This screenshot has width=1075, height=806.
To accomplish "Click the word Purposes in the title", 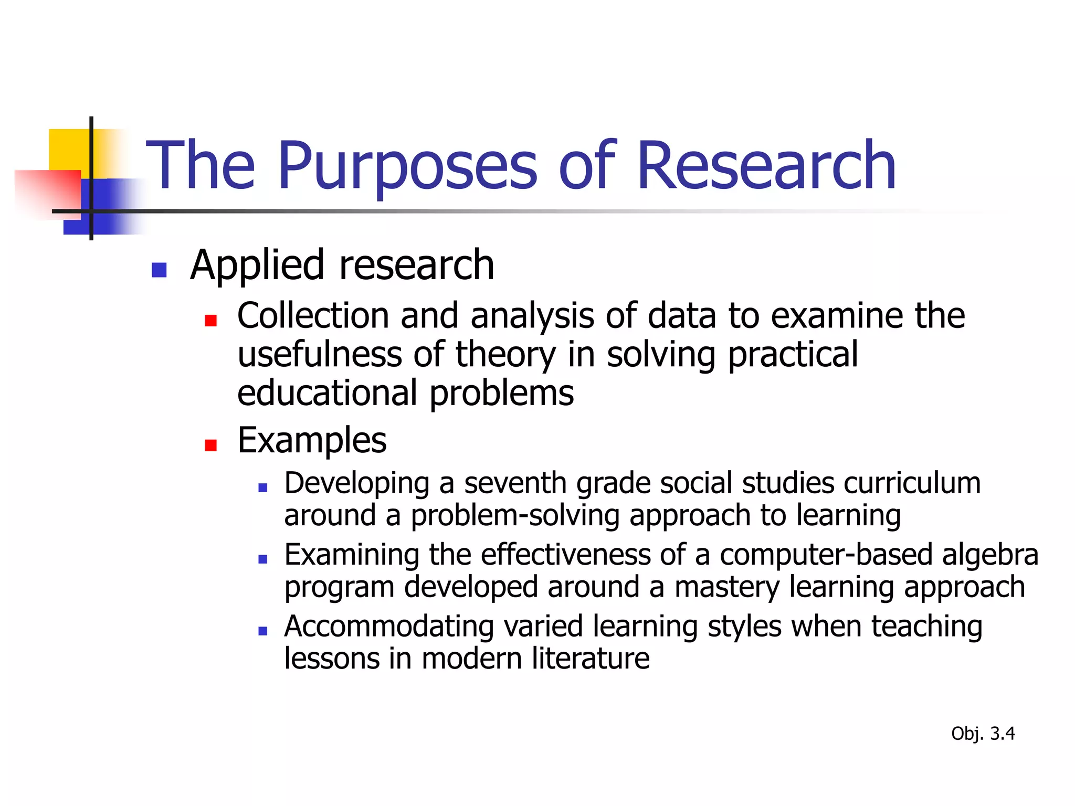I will click(407, 167).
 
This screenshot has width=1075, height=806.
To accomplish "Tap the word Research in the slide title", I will click(766, 167).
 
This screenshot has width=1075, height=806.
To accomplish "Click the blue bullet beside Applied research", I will click(159, 270).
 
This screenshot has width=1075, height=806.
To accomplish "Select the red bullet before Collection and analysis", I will click(210, 320).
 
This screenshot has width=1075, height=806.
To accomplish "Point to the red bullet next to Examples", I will click(210, 445).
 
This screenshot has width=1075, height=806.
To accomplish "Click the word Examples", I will click(312, 441).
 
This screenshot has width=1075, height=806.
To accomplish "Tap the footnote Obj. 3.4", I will click(983, 734).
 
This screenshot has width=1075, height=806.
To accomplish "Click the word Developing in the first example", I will click(357, 484).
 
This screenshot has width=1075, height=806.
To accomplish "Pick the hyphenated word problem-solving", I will click(515, 516).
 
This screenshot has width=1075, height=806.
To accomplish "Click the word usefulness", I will click(320, 354).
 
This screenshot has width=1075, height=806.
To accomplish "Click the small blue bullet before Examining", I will click(263, 559).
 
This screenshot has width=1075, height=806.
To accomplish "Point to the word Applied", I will click(257, 266).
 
